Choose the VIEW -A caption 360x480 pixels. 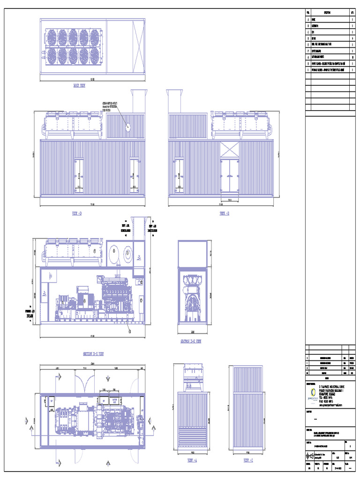(x=192, y=461)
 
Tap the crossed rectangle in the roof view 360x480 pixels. (x=135, y=47)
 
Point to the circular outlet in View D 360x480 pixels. (x=128, y=126)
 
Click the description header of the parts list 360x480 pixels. (x=326, y=13)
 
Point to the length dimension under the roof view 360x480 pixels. (x=92, y=78)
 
